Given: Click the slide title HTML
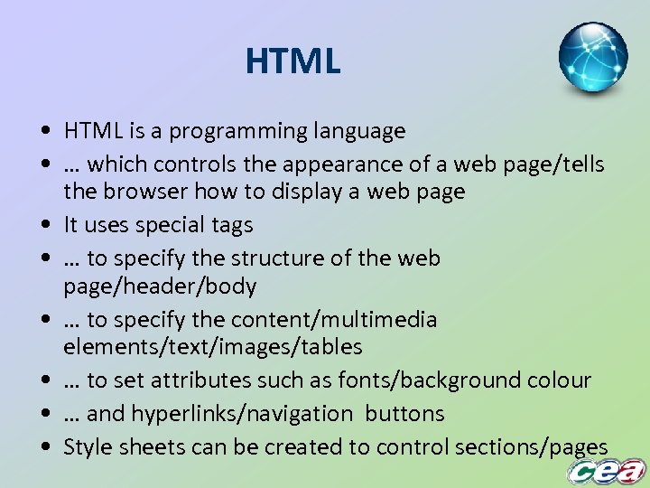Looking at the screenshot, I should point(292,61).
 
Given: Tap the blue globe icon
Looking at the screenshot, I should point(592,58).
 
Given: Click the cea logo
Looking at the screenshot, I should point(606,471).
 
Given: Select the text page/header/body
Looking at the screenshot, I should point(160,286).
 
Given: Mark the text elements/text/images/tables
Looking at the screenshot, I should point(212,347).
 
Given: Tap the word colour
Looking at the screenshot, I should point(558,380).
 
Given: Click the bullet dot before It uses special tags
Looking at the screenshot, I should point(44,225).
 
